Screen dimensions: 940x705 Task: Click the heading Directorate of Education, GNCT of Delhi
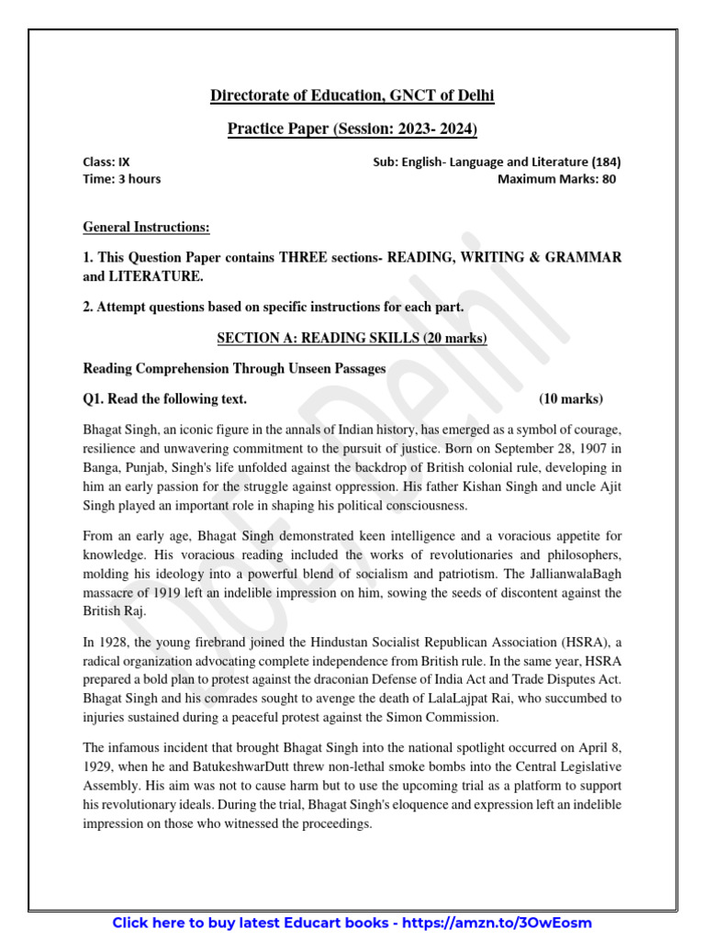click(x=352, y=95)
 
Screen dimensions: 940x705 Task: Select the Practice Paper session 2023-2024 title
click(x=352, y=129)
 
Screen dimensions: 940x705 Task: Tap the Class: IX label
click(x=106, y=162)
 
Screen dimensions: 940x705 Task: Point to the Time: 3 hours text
click(x=121, y=179)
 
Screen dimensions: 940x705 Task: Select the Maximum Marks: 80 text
click(x=556, y=179)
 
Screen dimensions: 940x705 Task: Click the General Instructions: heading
click(x=146, y=227)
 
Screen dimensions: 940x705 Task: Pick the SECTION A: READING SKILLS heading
click(x=352, y=339)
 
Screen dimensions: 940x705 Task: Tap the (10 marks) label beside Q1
click(x=571, y=398)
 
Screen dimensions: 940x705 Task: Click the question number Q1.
click(x=94, y=398)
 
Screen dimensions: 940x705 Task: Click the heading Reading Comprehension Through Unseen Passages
click(x=234, y=368)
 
